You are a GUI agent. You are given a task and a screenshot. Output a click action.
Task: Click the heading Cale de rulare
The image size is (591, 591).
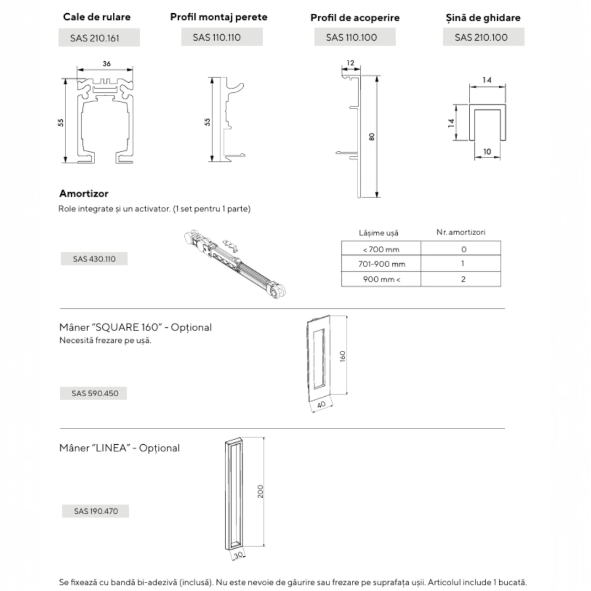coord(97,17)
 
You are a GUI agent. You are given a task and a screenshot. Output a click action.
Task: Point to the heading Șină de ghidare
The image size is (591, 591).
coord(483,18)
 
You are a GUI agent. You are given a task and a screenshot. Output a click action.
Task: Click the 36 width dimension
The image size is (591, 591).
coord(106,64)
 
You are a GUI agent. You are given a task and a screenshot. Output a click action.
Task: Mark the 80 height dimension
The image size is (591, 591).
coord(372,137)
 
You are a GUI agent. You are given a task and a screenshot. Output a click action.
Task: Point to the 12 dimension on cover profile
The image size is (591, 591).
coord(350,63)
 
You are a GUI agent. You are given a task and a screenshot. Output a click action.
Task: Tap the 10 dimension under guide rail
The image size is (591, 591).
coord(487,151)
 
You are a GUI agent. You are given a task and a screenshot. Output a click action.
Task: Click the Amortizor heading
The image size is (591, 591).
coord(84,194)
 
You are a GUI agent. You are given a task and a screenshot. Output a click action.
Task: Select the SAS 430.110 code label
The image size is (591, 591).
coord(94,259)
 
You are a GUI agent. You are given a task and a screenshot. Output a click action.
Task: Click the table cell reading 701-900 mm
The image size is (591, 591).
coord(381,264)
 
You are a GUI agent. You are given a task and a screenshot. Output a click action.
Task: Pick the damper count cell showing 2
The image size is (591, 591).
coord(463,279)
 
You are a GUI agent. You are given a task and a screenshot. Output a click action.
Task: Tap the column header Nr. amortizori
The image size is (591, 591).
coord(461,232)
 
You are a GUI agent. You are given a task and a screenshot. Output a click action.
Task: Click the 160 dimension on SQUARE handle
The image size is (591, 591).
coord(342,356)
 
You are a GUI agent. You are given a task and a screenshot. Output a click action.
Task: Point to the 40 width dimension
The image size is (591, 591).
coord(321,404)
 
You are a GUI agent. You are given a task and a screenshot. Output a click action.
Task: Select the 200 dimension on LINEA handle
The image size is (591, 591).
coord(260,491)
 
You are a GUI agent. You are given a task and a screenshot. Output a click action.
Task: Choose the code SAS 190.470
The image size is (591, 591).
coord(96,511)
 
